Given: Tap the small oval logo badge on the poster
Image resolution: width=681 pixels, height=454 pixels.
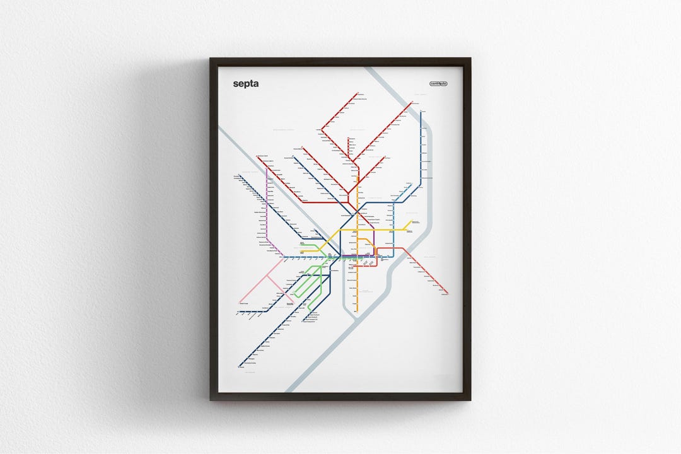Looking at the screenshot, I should [x=438, y=83].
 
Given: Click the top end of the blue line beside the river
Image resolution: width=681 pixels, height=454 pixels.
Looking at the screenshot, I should [x=421, y=112].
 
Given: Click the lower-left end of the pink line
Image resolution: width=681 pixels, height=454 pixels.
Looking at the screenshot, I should [x=240, y=301].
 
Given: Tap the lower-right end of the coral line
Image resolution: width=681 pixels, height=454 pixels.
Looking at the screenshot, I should [x=447, y=294].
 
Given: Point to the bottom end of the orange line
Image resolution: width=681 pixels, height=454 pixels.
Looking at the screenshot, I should [x=356, y=311].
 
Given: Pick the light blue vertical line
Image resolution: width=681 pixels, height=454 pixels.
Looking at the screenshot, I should [x=394, y=227].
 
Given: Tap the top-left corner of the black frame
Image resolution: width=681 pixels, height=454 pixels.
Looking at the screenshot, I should [x=211, y=59].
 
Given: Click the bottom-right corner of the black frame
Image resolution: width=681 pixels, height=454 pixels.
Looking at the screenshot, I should [x=470, y=400].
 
